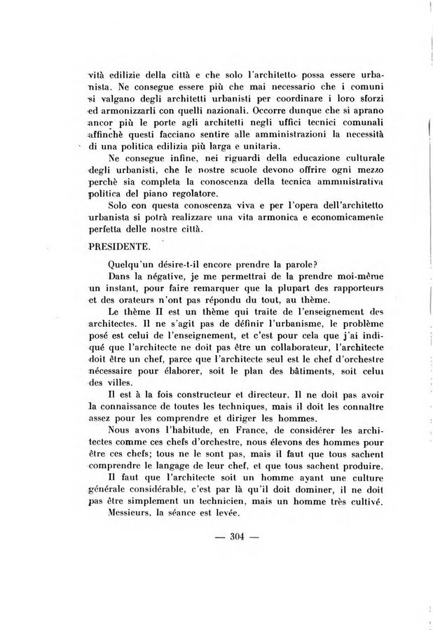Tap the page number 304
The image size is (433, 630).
228,538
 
